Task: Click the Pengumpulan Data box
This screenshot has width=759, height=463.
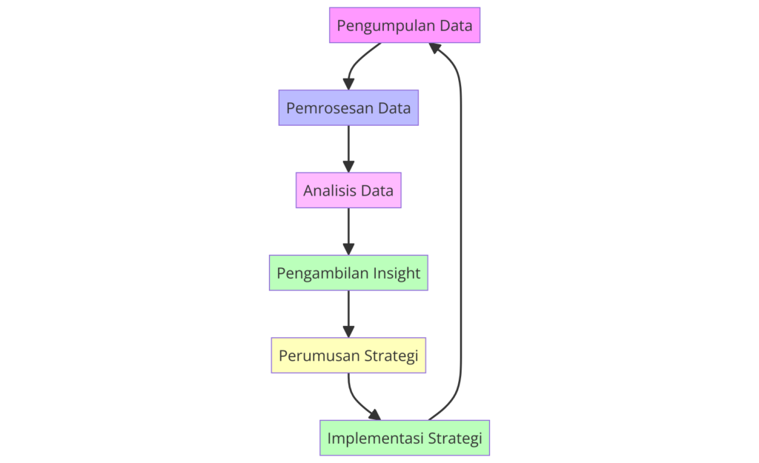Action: pos(405,25)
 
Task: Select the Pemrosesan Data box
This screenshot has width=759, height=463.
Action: pos(348,108)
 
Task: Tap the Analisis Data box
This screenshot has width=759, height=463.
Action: pos(348,190)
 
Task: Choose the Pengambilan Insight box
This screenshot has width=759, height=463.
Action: pos(348,273)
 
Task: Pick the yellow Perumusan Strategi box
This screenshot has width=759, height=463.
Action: pos(348,356)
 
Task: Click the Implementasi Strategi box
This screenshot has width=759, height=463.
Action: pos(405,438)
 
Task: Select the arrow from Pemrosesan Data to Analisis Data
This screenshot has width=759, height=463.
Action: pos(348,148)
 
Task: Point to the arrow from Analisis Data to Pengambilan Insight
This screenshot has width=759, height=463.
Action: pos(348,231)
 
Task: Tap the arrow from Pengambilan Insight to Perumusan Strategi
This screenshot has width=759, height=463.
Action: pos(348,313)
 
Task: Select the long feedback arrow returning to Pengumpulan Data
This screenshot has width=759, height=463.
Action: pos(460,222)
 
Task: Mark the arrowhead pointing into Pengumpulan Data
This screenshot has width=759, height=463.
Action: pos(437,48)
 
